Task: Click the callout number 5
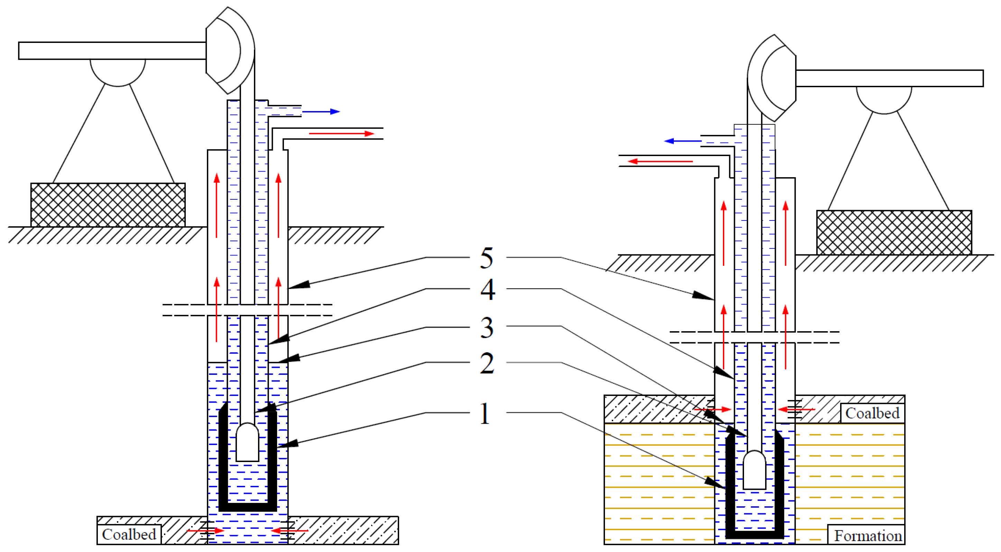click(x=487, y=258)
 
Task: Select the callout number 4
click(x=487, y=290)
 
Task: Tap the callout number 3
click(x=487, y=327)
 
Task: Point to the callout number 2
click(x=487, y=363)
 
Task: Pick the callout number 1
click(x=484, y=414)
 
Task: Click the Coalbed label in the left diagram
click(x=129, y=534)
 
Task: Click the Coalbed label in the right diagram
click(x=872, y=413)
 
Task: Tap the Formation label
click(x=867, y=536)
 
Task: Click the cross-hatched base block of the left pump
click(x=108, y=205)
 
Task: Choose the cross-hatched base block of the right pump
click(x=894, y=233)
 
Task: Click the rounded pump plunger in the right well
click(x=754, y=470)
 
